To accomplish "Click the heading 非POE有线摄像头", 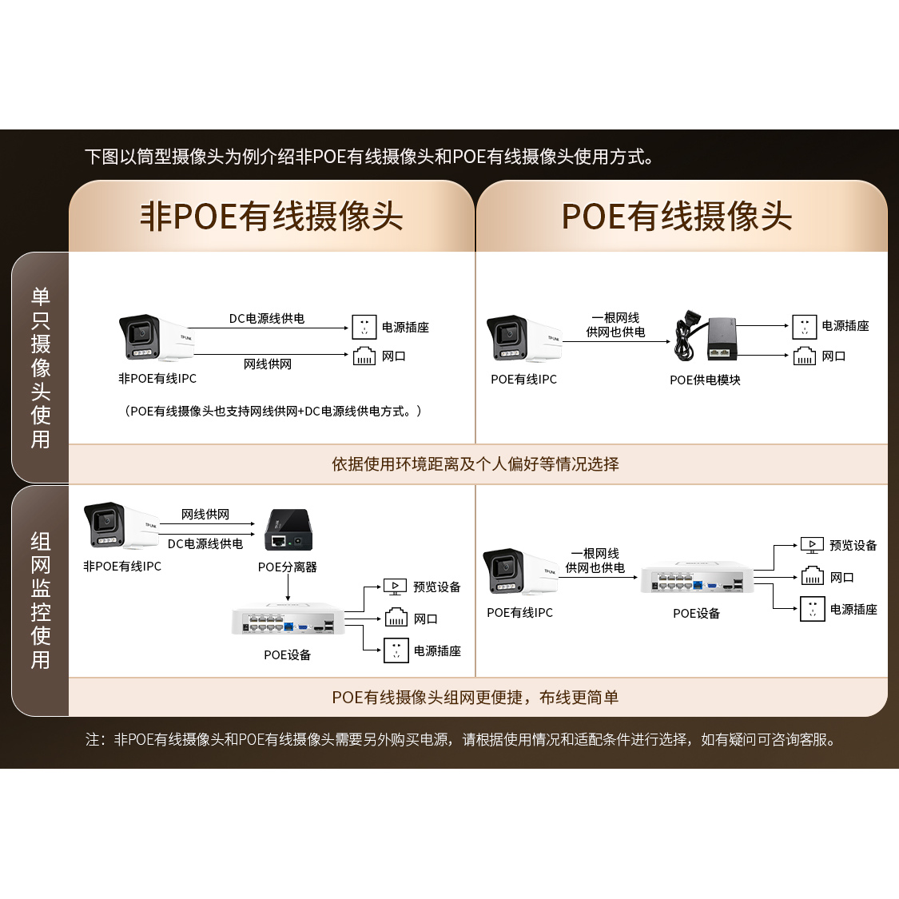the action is click(272, 217).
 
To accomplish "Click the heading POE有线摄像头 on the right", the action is click(677, 217).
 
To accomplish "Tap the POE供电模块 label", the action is click(705, 380).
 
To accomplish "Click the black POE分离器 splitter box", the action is click(288, 530).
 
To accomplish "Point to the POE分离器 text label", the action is click(288, 567).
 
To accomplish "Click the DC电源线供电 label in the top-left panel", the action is click(267, 319).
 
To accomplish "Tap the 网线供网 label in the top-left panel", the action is click(268, 364).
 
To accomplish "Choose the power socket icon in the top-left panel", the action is click(364, 327).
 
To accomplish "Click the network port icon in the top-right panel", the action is click(804, 356).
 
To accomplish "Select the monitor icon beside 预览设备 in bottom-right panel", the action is click(812, 546).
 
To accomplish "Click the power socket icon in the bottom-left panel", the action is click(396, 650).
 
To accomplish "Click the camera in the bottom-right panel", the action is click(519, 572).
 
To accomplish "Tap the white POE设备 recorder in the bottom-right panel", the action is click(697, 579).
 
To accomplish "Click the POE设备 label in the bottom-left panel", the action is click(288, 655).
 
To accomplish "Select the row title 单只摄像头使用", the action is click(41, 368).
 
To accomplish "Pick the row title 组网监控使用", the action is click(41, 601).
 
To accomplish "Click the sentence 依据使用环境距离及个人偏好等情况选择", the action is click(475, 464).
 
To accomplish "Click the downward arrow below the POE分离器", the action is click(288, 589).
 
